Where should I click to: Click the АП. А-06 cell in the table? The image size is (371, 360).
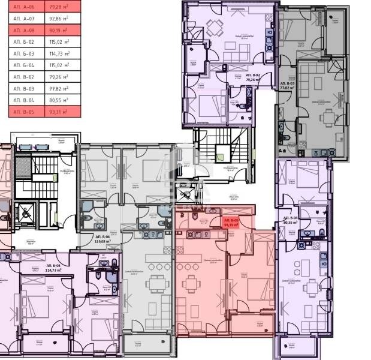[x=21, y=7]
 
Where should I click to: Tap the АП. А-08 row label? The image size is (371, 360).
[x=21, y=29]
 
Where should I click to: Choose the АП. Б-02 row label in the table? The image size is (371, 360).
[x=21, y=41]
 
